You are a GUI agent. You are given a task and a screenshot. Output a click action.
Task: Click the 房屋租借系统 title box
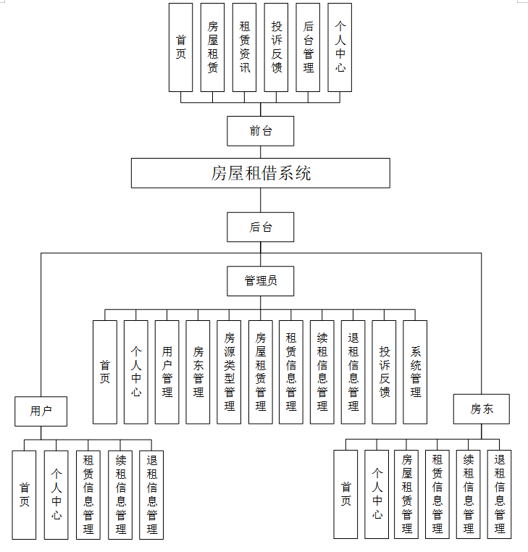(261, 173)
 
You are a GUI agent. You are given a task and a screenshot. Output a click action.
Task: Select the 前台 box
(261, 131)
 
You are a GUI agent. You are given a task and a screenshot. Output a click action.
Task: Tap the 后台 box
(261, 227)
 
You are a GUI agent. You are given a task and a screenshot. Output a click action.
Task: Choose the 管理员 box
(261, 281)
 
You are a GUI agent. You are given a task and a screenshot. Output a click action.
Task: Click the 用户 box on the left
(41, 411)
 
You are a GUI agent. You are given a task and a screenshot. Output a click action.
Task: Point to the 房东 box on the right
(481, 409)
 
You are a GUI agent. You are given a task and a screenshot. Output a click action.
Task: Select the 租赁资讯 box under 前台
(244, 47)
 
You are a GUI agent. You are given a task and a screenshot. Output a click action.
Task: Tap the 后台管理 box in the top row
(308, 47)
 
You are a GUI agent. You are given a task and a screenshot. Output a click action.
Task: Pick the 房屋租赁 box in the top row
(212, 47)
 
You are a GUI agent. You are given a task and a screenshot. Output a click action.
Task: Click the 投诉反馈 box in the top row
(276, 47)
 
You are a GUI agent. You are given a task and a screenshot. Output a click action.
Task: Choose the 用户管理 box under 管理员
(167, 372)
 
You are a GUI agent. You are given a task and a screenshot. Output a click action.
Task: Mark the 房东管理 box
(198, 372)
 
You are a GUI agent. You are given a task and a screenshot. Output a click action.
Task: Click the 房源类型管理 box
(229, 372)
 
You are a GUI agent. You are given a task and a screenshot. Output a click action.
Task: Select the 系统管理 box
(415, 372)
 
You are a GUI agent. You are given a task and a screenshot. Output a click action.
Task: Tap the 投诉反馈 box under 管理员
(384, 372)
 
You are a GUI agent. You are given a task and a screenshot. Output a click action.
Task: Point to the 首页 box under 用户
(24, 495)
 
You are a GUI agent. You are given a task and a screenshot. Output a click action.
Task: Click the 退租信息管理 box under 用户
(151, 495)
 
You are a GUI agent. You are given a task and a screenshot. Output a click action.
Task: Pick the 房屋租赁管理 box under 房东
(406, 495)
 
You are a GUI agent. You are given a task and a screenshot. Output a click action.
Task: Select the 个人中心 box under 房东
(377, 495)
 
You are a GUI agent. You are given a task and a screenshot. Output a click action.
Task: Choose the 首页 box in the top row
(180, 47)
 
